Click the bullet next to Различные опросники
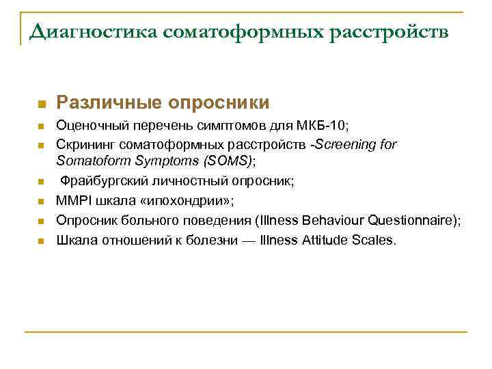point(41,105)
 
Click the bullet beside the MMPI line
point(41,202)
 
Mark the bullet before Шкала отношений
point(41,241)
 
